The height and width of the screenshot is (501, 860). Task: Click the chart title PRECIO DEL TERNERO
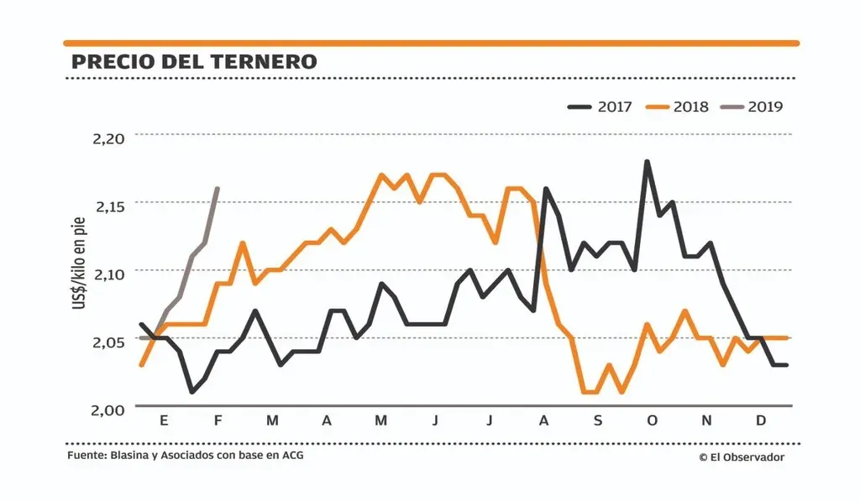(x=194, y=62)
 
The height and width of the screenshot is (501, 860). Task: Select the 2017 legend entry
(x=604, y=107)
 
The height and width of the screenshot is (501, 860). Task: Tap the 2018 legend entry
(x=679, y=107)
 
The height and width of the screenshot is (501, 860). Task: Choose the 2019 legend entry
(x=753, y=107)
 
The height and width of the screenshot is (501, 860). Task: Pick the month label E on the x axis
(x=164, y=420)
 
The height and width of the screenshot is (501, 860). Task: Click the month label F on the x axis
(x=218, y=420)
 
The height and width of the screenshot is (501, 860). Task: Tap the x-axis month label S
(x=598, y=420)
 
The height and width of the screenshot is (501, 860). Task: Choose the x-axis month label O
(x=652, y=420)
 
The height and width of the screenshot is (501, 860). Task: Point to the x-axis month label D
(x=761, y=420)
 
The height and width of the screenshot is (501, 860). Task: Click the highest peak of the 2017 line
(x=647, y=161)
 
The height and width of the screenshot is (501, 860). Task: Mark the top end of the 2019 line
(x=218, y=189)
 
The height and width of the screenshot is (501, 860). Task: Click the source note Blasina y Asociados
(x=186, y=457)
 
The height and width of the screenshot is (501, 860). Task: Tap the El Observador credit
(x=741, y=457)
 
